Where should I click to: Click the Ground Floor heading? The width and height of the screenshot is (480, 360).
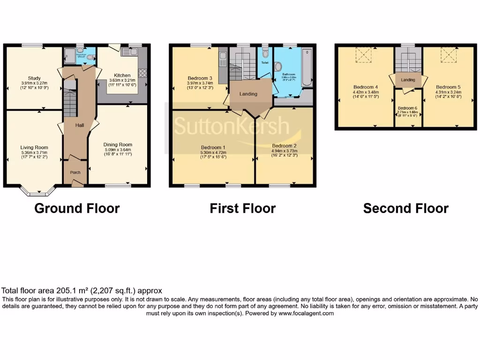[77, 208]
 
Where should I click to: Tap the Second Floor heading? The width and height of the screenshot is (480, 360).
[405, 208]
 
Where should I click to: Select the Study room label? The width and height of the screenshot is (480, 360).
[34, 78]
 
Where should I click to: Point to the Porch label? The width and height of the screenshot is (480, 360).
[75, 172]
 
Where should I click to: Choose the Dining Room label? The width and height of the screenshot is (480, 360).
[118, 144]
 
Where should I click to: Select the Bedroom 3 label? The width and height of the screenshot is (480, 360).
[200, 78]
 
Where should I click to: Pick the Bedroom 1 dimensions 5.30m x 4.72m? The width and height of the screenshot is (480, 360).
[214, 152]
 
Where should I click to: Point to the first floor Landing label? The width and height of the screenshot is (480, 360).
[248, 94]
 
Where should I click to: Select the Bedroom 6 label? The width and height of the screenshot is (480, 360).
[407, 108]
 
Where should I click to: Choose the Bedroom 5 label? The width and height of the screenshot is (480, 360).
[448, 87]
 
